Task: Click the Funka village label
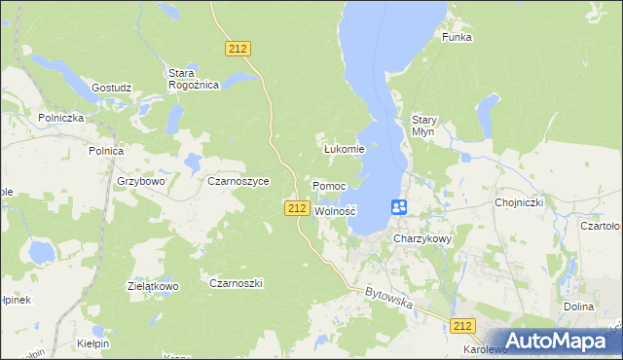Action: pyautogui.click(x=457, y=37)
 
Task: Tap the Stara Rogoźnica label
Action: pyautogui.click(x=193, y=79)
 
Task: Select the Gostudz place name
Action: pyautogui.click(x=111, y=88)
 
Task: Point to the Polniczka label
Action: pyautogui.click(x=61, y=117)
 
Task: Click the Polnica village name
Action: pyautogui.click(x=105, y=151)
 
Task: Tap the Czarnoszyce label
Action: pyautogui.click(x=232, y=181)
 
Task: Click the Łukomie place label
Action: pyautogui.click(x=344, y=149)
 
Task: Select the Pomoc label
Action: pyautogui.click(x=329, y=185)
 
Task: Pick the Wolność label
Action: pyautogui.click(x=336, y=210)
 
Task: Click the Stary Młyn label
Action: pyautogui.click(x=424, y=126)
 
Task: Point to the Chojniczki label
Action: pyautogui.click(x=518, y=202)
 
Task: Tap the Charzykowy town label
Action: pyautogui.click(x=423, y=237)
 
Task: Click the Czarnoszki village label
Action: pyautogui.click(x=237, y=282)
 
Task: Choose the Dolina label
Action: pyautogui.click(x=578, y=306)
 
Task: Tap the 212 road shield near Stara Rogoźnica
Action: pyautogui.click(x=238, y=48)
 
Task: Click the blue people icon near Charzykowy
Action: pyautogui.click(x=399, y=207)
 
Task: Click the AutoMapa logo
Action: pyautogui.click(x=553, y=341)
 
